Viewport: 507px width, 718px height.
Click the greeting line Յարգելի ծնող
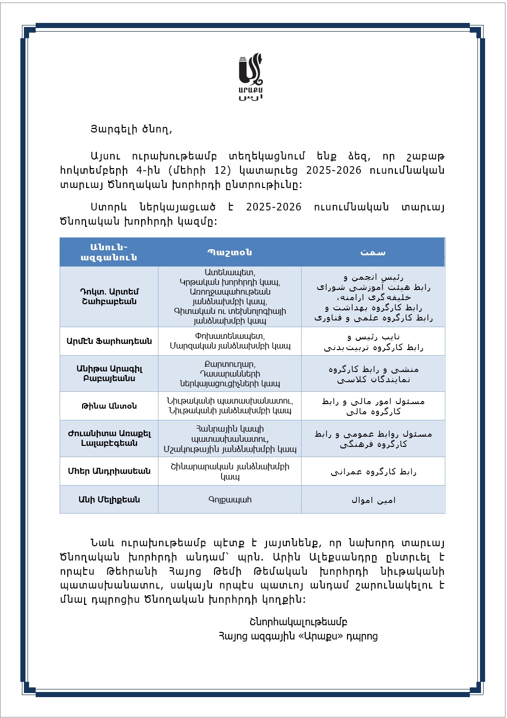[131, 129]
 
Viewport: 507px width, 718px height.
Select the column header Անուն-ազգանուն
[109, 252]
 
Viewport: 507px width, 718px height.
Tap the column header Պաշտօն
[230, 252]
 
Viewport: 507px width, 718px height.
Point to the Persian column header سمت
[373, 252]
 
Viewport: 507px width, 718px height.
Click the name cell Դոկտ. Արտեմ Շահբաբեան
[109, 296]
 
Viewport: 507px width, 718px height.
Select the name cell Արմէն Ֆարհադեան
[109, 341]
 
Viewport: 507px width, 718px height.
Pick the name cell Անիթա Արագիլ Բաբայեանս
[109, 374]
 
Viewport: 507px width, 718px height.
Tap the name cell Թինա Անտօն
[109, 406]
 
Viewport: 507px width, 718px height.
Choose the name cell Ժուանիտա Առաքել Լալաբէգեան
[109, 438]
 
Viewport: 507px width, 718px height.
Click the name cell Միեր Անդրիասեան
[109, 471]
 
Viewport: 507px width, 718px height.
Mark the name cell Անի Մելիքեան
[109, 499]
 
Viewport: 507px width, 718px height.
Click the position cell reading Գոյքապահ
[230, 499]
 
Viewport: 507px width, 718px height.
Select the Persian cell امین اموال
[373, 500]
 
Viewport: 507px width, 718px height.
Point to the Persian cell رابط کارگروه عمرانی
[373, 471]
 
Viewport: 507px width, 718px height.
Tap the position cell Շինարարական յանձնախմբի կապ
[230, 471]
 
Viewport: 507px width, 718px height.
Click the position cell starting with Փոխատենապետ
[230, 341]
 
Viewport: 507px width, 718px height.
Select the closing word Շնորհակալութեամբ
[298, 622]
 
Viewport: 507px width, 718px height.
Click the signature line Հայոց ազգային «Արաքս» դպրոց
[298, 636]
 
